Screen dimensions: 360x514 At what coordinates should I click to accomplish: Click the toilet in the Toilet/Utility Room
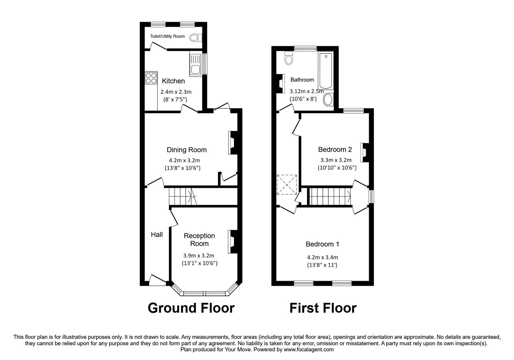click(195, 38)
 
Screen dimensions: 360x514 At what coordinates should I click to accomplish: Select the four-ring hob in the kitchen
click(151, 78)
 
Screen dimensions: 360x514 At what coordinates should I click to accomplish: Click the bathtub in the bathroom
click(326, 70)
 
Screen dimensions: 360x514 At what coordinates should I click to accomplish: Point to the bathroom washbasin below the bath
click(328, 100)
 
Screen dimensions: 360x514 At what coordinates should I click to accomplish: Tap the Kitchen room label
click(173, 81)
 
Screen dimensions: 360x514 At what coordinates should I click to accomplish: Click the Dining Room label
click(186, 150)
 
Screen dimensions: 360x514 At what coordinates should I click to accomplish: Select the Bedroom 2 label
click(335, 149)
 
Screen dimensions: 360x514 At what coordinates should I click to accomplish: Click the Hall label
click(157, 235)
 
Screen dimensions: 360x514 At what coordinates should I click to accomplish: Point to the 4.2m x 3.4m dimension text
click(322, 257)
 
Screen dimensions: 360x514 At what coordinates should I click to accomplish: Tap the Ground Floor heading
click(191, 308)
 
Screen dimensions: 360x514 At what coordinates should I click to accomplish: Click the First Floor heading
click(323, 308)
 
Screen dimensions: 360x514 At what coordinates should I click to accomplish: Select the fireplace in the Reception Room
click(232, 242)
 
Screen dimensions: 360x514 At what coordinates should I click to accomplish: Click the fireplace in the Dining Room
click(232, 142)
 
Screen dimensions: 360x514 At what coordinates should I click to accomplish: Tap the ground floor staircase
click(182, 196)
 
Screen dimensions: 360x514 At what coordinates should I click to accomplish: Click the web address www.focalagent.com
click(309, 349)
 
